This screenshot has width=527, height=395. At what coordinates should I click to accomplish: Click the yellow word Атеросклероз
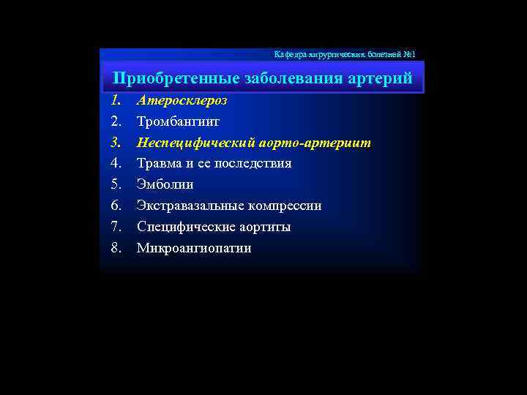pos(182,100)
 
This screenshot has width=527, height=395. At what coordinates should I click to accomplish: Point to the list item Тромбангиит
pos(178,121)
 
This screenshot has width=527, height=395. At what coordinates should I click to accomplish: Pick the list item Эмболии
pos(165,184)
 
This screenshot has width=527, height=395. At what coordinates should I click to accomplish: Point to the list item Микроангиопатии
pos(194,248)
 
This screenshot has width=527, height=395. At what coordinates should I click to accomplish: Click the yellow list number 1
pos(116,100)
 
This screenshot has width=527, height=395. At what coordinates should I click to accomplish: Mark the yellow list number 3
pos(116,142)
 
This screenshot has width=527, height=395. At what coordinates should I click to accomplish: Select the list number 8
pos(116,248)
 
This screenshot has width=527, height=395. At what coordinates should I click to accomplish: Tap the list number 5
pos(116,184)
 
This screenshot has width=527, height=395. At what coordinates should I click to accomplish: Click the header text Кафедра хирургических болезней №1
pos(344,55)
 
